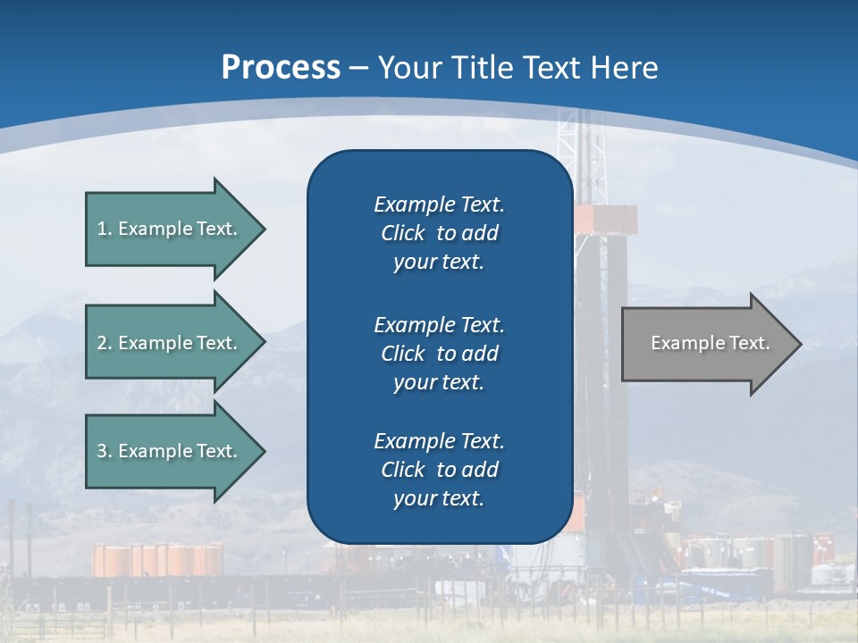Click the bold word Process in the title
click(x=281, y=68)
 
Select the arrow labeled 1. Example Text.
click(x=170, y=229)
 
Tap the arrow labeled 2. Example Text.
click(x=170, y=343)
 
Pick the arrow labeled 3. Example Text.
click(x=170, y=451)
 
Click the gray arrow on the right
click(x=706, y=343)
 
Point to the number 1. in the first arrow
click(x=105, y=229)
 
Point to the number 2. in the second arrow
click(x=105, y=343)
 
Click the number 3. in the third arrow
click(x=105, y=451)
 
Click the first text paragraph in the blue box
click(x=439, y=233)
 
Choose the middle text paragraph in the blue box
click(x=439, y=353)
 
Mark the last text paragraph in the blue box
click(x=439, y=470)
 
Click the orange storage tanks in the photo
click(x=157, y=560)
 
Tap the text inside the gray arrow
click(x=710, y=343)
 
